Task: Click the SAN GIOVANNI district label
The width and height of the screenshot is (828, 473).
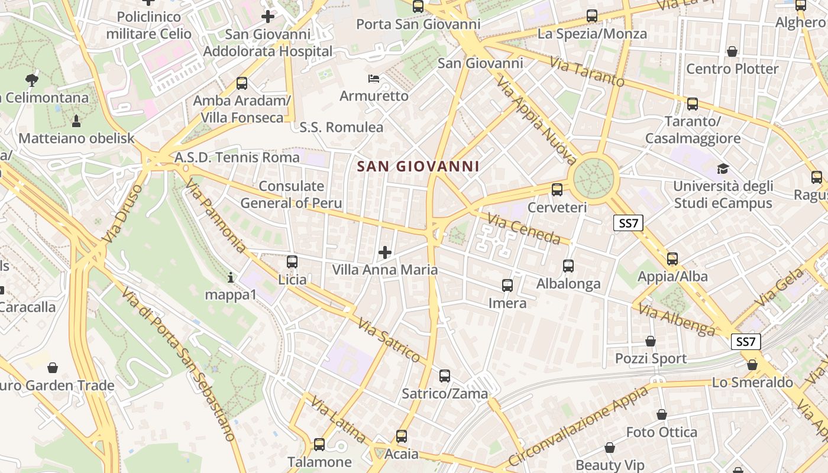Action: tap(418, 167)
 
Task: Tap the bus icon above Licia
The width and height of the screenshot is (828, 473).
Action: tap(292, 261)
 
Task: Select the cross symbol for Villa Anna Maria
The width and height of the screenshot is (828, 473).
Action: tap(385, 253)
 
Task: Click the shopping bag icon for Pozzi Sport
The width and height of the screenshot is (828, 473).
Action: tap(651, 341)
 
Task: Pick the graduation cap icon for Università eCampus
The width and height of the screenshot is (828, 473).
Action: tap(722, 169)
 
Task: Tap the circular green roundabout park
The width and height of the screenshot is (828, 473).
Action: tap(595, 176)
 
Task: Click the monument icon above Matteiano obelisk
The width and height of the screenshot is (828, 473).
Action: tap(76, 121)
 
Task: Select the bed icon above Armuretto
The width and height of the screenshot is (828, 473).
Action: tap(373, 78)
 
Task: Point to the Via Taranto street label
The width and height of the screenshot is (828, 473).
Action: tap(587, 71)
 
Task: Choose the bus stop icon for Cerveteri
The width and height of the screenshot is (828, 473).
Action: tap(557, 190)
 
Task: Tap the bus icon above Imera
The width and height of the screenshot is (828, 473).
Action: tap(507, 286)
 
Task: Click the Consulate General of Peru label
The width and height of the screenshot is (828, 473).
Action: tap(291, 195)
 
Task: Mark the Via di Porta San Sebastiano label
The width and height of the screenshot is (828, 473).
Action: tap(179, 364)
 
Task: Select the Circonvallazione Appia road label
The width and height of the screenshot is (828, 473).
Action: tap(578, 424)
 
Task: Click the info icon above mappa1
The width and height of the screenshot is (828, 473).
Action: tap(231, 277)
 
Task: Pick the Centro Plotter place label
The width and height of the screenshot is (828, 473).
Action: tap(732, 69)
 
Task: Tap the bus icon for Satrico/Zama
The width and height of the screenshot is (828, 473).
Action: tap(445, 376)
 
